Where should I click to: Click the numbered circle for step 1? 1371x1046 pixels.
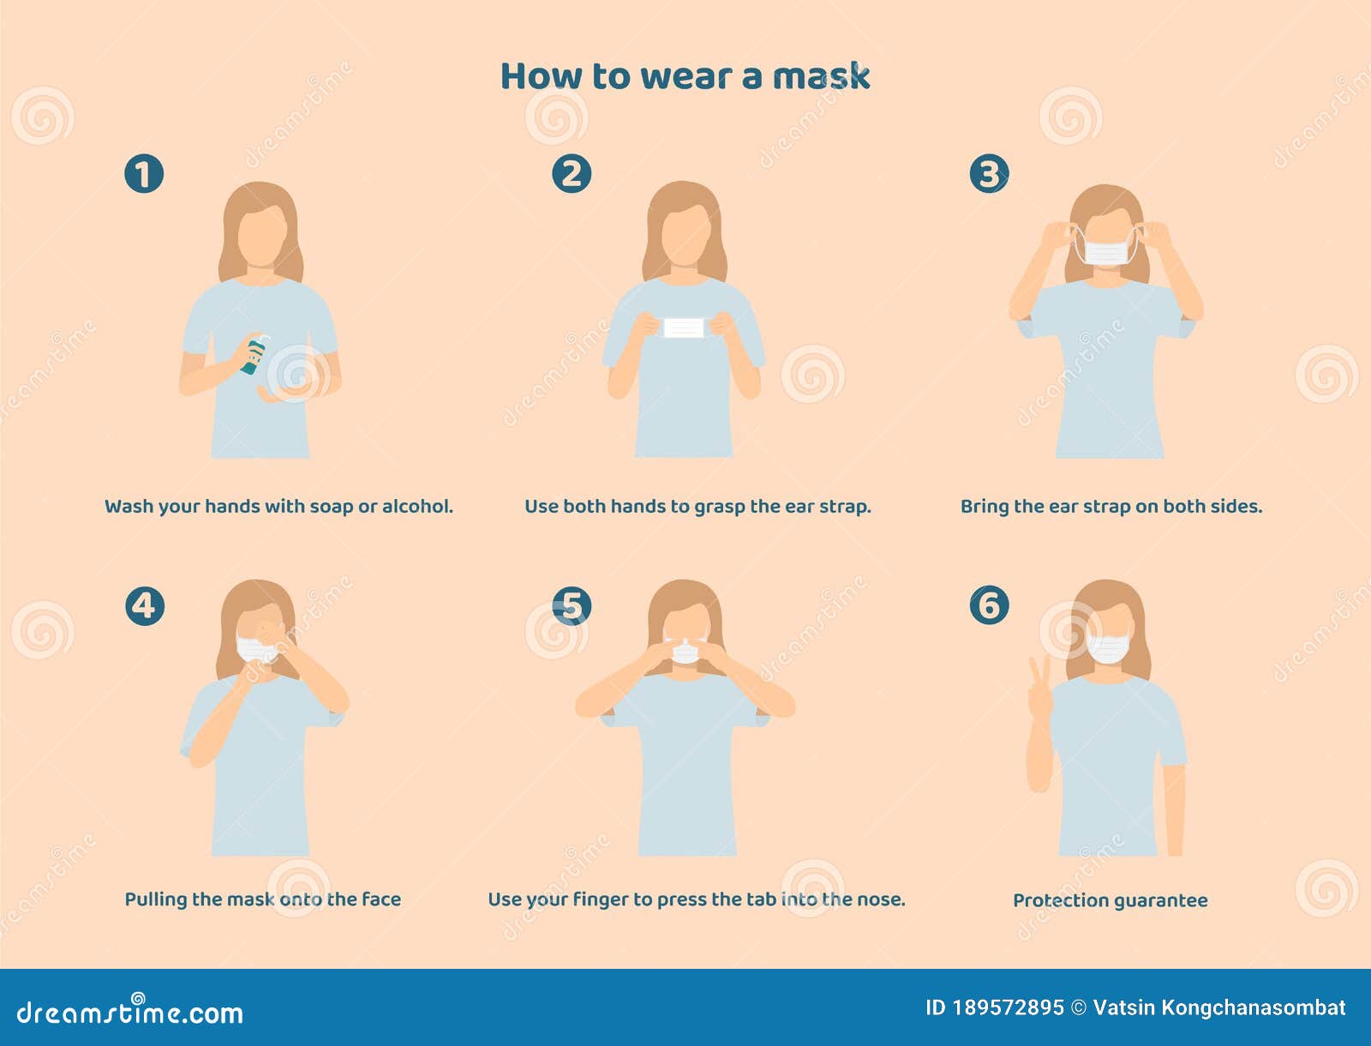click(x=144, y=173)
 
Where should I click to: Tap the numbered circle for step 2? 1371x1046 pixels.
click(x=572, y=173)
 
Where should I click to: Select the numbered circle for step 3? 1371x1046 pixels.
click(x=989, y=173)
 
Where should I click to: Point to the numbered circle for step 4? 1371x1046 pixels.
click(x=144, y=605)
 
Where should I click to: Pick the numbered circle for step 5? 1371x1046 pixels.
click(x=572, y=605)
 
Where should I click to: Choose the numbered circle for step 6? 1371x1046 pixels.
click(x=989, y=604)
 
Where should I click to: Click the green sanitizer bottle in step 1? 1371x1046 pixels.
click(x=254, y=354)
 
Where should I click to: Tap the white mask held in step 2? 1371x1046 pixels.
click(x=684, y=328)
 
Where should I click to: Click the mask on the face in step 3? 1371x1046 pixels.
click(x=1106, y=252)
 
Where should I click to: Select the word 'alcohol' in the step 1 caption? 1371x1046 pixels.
click(x=416, y=507)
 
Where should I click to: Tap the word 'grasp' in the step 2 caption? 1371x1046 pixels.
click(x=719, y=507)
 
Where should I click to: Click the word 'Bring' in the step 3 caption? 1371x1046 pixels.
click(x=985, y=507)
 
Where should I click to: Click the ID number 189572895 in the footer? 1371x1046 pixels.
click(x=1008, y=1007)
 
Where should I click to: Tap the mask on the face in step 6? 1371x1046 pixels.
click(x=1109, y=647)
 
